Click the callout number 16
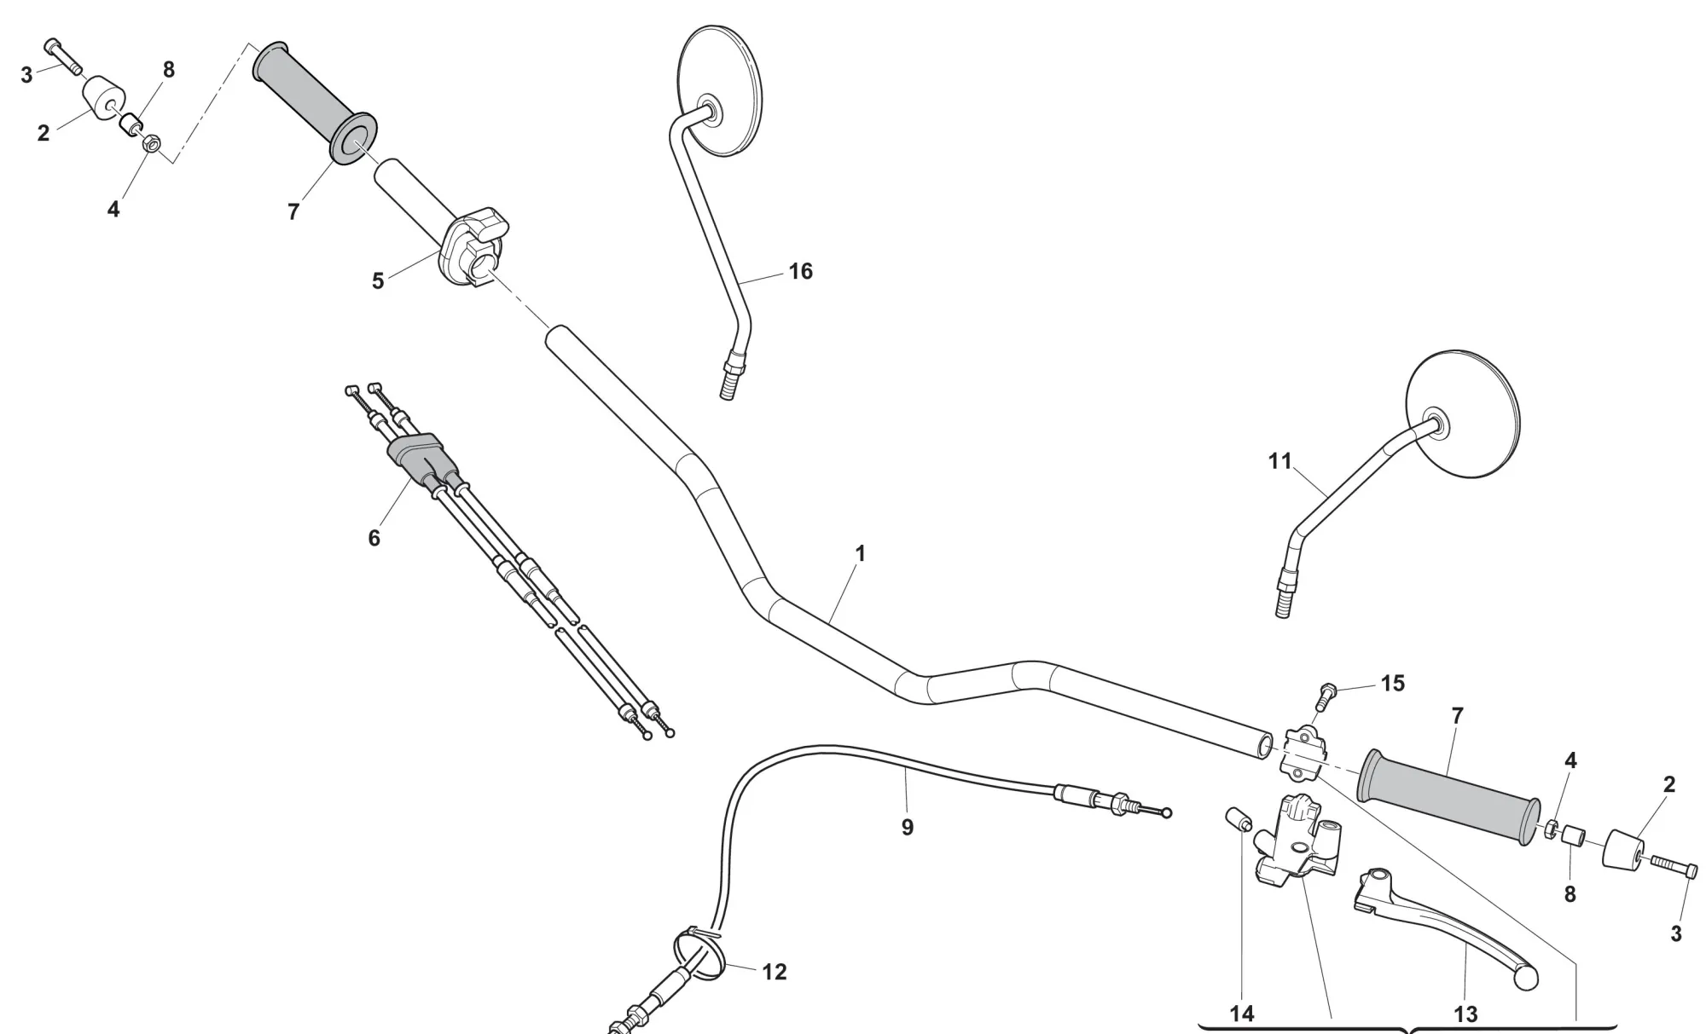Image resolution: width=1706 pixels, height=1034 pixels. pos(800,272)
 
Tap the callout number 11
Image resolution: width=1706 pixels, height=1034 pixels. pos(1279,461)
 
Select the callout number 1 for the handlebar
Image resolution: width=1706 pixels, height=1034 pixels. pos(860,554)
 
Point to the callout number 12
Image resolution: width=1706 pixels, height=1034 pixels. pos(774,972)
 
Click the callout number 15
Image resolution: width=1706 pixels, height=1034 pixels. pos(1392,684)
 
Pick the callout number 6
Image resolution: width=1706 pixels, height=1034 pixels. pos(374,539)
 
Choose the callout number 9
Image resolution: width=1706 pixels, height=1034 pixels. pos(907,828)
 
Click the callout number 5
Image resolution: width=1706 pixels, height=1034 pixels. pos(378,281)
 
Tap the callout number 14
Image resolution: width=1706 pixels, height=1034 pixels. pos(1242,1014)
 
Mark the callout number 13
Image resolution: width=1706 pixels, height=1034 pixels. pos(1465,1014)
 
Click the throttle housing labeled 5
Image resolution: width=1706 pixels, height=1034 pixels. pos(474,246)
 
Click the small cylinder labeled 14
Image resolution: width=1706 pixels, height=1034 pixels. pos(1239,819)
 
